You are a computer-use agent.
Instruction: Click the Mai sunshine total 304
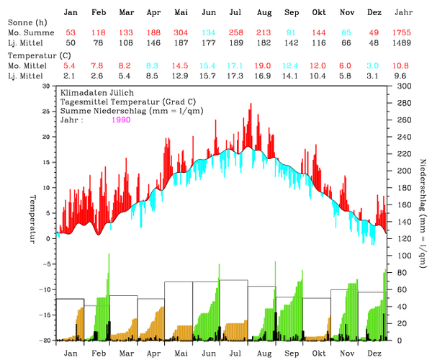[181, 34]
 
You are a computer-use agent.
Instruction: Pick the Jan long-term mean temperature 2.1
[71, 76]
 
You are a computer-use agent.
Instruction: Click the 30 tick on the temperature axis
[46, 86]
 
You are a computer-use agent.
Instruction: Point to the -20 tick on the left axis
[45, 340]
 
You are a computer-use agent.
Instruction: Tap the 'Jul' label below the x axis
[235, 352]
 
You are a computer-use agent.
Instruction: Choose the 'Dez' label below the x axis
[374, 352]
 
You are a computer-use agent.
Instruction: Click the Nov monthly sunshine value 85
[346, 34]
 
